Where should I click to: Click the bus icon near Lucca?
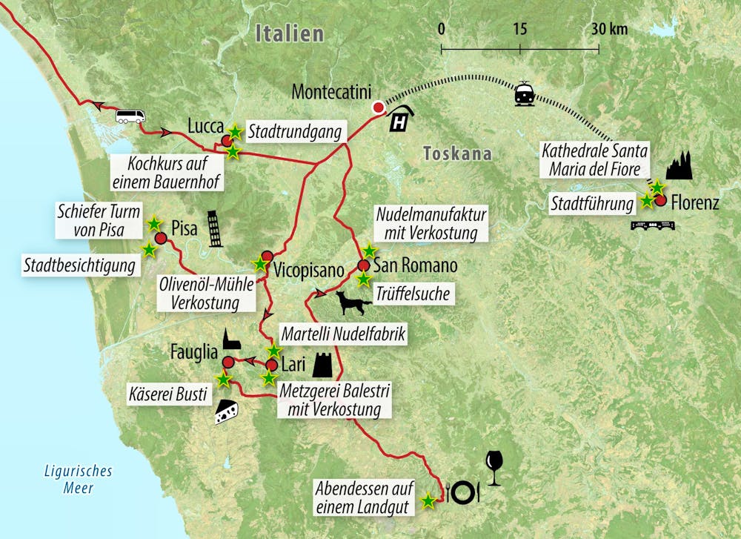click(130, 116)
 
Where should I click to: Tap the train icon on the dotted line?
click(524, 93)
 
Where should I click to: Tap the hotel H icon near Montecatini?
click(402, 119)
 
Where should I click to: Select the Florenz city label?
click(694, 202)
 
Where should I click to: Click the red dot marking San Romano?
click(363, 265)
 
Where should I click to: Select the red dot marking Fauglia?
click(228, 362)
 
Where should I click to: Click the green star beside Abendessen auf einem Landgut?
click(428, 501)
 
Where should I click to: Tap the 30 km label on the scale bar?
click(609, 29)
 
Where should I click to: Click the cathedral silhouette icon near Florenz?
click(679, 168)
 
